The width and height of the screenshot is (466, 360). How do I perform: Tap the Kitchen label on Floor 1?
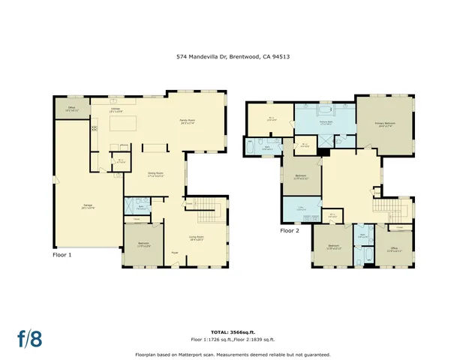(x=116, y=110)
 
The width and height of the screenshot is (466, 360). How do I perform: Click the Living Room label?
(x=196, y=239)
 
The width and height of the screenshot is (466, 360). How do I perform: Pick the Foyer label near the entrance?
(x=174, y=253)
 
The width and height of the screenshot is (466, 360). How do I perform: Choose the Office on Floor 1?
(x=71, y=109)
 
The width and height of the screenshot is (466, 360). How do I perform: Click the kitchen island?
(x=123, y=124)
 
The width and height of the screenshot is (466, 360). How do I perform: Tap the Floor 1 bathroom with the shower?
(x=137, y=205)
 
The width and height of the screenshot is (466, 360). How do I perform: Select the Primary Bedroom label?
(x=386, y=124)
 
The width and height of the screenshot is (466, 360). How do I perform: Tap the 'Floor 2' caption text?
(x=290, y=231)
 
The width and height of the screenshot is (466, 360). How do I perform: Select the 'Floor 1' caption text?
(x=62, y=254)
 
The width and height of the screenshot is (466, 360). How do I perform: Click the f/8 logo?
(x=29, y=338)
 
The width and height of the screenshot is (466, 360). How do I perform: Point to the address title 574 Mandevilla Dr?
(x=232, y=55)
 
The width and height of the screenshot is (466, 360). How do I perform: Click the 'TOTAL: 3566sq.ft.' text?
(x=232, y=331)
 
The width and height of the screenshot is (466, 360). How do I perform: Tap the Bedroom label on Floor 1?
(x=143, y=244)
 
